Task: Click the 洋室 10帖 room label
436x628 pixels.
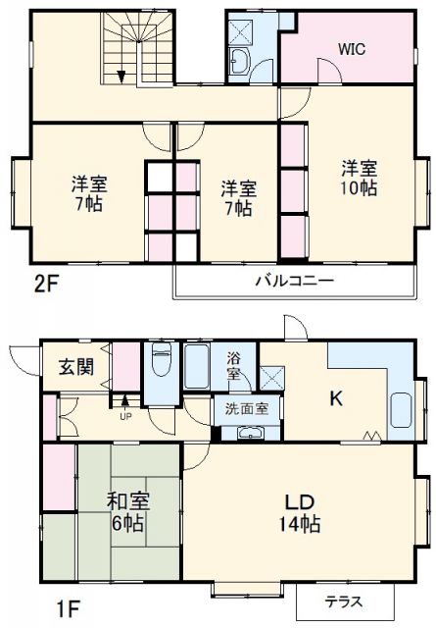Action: (360, 177)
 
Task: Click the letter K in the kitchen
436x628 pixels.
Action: (335, 398)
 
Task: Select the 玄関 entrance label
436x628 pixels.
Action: (73, 367)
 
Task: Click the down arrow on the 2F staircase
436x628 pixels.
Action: (121, 76)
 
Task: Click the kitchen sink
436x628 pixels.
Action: (401, 408)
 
